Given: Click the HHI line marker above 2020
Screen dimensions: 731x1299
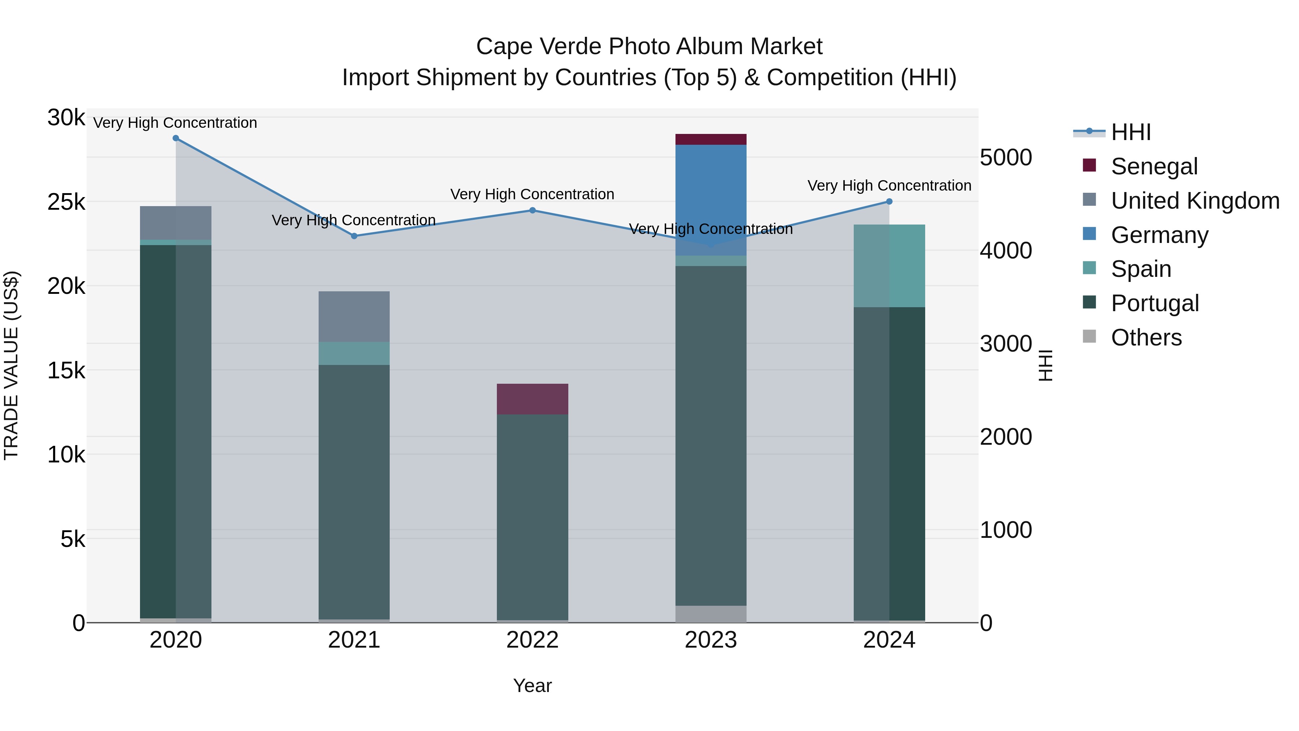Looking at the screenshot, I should coord(175,138).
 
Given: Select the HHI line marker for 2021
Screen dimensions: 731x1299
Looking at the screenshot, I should coord(354,236).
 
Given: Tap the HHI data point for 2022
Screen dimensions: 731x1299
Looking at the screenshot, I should coord(533,210).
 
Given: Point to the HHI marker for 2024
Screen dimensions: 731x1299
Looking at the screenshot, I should coord(889,202).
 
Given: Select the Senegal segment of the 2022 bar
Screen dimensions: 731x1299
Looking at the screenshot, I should coord(533,399).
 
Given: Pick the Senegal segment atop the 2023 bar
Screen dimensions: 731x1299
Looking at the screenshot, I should coord(710,139).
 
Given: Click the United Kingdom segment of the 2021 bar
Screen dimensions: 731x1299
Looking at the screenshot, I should coord(354,316).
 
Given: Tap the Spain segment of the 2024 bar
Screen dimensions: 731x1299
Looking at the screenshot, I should coord(889,266).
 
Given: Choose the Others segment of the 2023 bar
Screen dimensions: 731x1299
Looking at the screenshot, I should coord(710,614).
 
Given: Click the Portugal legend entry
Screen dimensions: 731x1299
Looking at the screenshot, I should coord(1154,303).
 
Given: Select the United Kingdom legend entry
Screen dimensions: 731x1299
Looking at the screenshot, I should coord(1195,201).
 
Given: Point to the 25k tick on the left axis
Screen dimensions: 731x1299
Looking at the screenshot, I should coord(66,202).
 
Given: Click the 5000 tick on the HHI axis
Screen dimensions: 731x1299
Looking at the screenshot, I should coord(1006,158).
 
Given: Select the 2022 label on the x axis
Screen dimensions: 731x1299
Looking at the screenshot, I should coord(533,640).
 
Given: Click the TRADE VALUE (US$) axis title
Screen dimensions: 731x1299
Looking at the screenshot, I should coord(12,365).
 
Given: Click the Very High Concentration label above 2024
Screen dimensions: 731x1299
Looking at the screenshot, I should coord(889,186).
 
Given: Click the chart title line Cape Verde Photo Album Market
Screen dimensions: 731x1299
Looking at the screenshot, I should coord(649,47).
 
